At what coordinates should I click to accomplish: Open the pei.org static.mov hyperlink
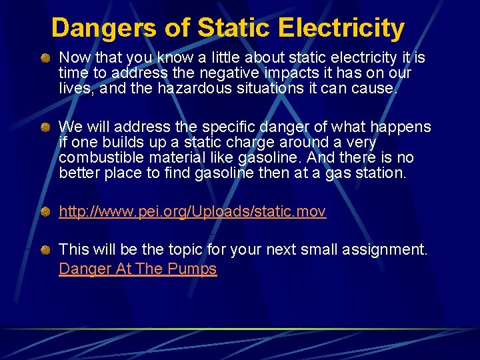[192, 212]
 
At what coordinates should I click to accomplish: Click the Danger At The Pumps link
[138, 269]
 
